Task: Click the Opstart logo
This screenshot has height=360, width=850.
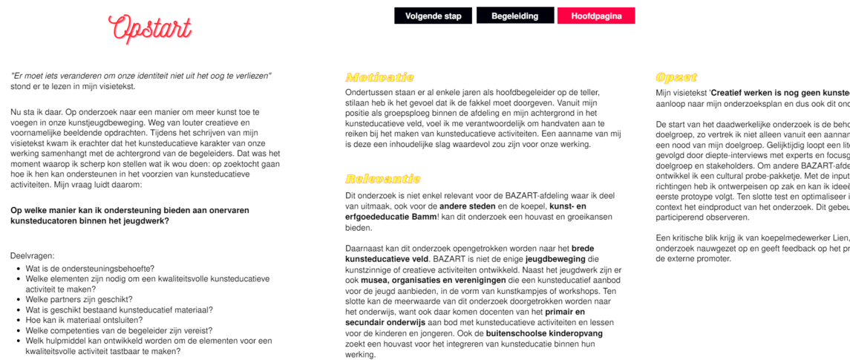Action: (150, 27)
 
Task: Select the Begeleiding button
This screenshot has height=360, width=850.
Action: (515, 16)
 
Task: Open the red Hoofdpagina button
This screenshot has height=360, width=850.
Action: (596, 16)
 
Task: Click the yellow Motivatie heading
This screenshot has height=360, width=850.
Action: (379, 77)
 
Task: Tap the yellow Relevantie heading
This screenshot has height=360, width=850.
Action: (383, 179)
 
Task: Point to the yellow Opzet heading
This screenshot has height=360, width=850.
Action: (676, 77)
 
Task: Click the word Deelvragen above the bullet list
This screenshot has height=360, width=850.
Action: (32, 255)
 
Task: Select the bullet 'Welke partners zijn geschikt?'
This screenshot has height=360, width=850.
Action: (84, 299)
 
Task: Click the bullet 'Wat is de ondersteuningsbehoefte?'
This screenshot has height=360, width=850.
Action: (90, 268)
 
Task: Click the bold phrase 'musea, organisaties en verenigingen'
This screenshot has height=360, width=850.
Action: (435, 281)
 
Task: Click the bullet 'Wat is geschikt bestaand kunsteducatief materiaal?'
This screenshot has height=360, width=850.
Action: (120, 310)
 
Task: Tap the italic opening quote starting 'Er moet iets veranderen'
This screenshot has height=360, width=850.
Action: (141, 76)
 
